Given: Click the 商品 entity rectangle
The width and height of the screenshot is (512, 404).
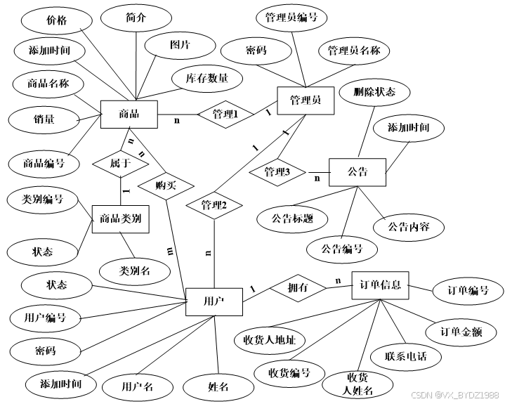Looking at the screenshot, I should (129, 115).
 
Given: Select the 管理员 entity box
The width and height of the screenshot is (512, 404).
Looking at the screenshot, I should (305, 101).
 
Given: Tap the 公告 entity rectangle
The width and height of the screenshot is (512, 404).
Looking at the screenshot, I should (357, 172).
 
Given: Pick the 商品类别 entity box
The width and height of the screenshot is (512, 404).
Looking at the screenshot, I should (122, 219).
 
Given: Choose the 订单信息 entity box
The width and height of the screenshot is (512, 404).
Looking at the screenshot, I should (379, 285).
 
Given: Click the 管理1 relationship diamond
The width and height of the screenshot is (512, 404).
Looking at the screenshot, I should (225, 115).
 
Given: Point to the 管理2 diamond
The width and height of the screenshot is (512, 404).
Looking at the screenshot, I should (214, 206).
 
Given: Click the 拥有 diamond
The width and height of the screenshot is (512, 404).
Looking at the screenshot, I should (297, 288).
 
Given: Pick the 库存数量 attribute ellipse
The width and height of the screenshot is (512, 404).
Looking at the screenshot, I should (207, 79).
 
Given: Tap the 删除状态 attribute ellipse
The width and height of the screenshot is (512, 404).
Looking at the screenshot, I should (374, 92).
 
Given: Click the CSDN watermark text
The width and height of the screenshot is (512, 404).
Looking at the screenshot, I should (454, 396).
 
